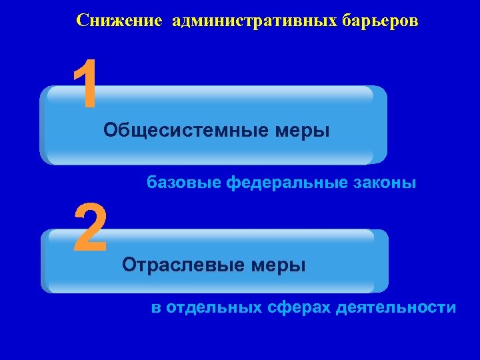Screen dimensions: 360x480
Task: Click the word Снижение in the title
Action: point(119,21)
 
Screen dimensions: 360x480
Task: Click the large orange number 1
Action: point(87,85)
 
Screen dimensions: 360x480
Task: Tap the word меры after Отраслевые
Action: point(278,266)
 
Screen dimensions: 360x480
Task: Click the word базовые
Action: point(183,182)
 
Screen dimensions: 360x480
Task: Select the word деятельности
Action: point(397,308)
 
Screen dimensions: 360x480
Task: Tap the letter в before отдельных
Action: point(156,309)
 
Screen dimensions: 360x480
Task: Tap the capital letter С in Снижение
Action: point(82,21)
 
